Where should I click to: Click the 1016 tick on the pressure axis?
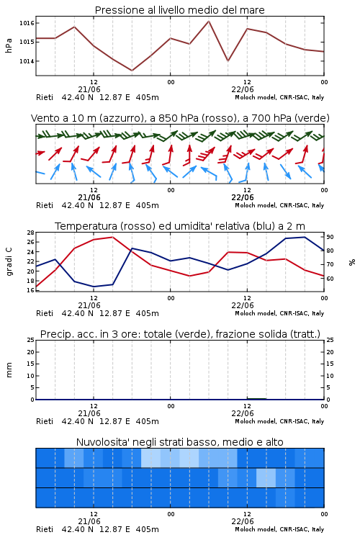(27, 23)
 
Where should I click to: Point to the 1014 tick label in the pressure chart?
(27, 61)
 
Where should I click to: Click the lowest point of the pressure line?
(132, 71)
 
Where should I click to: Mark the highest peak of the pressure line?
(209, 21)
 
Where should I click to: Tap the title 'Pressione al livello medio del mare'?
(180, 10)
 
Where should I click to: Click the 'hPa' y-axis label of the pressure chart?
(9, 45)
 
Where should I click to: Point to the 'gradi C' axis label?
(9, 261)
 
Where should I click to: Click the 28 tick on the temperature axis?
(31, 233)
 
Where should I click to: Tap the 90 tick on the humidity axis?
(330, 237)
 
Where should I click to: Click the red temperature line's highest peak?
(112, 237)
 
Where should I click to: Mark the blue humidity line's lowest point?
(94, 287)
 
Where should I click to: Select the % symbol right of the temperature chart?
(352, 262)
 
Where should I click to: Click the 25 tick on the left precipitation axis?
(31, 340)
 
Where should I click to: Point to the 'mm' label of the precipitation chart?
(9, 370)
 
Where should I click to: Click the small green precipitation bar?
(256, 399)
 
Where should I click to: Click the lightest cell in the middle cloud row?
(266, 477)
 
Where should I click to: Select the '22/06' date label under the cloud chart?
(243, 521)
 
